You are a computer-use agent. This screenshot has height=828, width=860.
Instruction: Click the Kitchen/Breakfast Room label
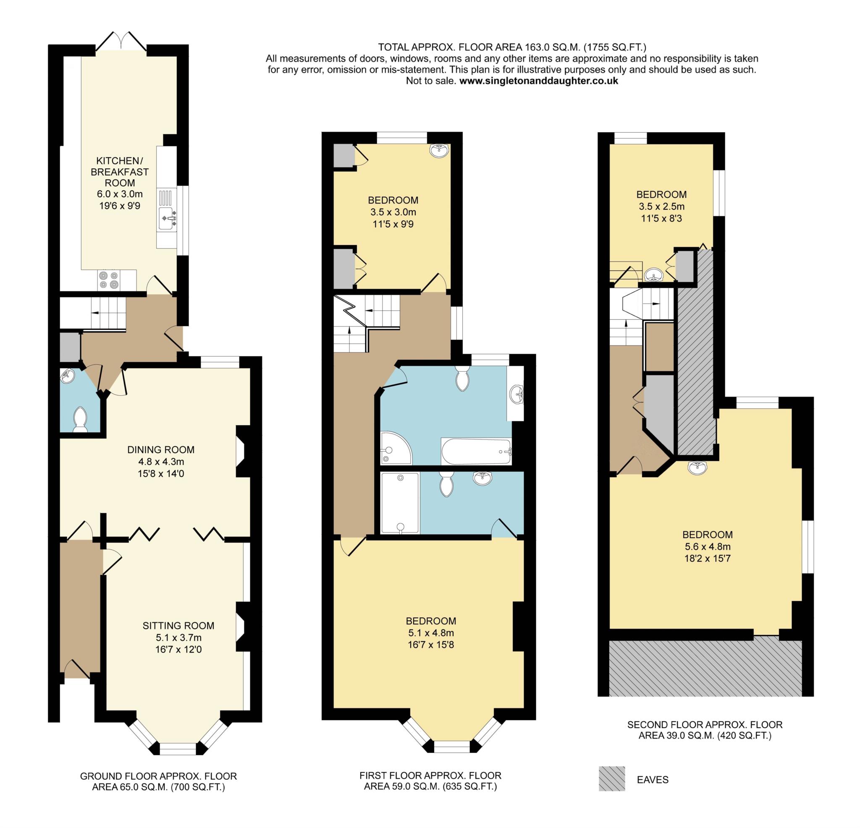[119, 172]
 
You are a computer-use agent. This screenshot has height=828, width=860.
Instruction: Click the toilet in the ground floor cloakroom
[80, 419]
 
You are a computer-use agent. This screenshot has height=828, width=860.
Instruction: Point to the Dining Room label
[160, 449]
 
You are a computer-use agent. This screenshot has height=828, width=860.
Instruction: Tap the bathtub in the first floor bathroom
[476, 451]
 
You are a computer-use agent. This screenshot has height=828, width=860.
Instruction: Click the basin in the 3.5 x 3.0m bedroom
[439, 150]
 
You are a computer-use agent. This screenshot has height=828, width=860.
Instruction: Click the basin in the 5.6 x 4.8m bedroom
[697, 468]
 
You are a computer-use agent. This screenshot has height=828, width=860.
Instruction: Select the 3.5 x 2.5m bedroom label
[661, 194]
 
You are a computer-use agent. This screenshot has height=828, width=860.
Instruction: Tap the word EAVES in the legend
[653, 780]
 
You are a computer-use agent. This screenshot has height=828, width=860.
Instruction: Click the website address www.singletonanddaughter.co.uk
[538, 81]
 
